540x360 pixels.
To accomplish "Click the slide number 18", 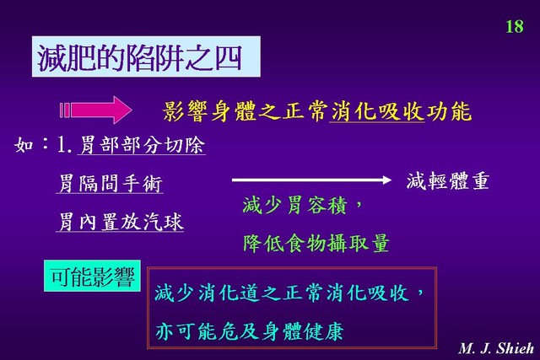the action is [515, 26].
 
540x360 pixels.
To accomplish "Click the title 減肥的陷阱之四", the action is [139, 57].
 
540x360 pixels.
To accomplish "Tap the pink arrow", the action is [95, 110].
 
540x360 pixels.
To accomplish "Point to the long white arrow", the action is [311, 180].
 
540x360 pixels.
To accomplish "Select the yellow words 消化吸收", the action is [377, 111].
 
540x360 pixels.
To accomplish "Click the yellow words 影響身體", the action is [210, 111].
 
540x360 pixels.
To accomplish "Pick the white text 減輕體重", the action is [448, 181].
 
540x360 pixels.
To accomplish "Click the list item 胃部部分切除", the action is [142, 144].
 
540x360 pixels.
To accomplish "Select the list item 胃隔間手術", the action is [110, 183].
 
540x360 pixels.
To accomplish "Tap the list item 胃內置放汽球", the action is [120, 221].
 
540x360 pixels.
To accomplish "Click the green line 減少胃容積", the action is [294, 205].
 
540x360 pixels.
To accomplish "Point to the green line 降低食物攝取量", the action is [316, 243].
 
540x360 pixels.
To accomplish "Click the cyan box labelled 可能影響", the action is [92, 276].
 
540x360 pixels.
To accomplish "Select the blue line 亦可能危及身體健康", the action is [250, 331].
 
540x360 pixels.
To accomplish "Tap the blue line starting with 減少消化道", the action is [289, 293].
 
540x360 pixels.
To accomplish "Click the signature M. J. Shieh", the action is [496, 348].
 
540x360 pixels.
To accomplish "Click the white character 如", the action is [24, 144].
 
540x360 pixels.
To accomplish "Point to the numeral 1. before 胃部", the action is [64, 145].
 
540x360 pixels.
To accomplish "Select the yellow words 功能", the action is [449, 111].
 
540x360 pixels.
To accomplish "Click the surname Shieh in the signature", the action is [515, 348].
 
